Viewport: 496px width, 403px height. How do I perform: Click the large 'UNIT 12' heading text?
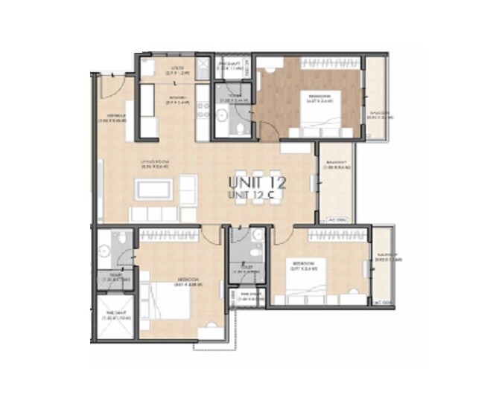(x=258, y=181)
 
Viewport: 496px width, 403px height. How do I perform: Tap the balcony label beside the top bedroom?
(x=379, y=115)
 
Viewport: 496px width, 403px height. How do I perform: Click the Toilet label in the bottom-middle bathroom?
(x=244, y=271)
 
